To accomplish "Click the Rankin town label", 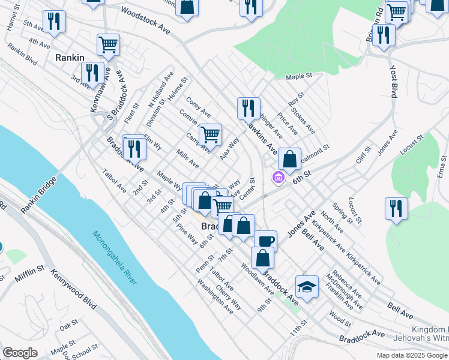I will tap(69, 58).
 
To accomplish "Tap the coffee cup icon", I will tap(265, 241).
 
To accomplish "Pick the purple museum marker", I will tap(277, 178).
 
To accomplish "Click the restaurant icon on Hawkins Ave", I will tap(249, 108).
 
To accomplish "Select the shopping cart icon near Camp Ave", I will tap(210, 134).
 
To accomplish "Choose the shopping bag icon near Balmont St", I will tap(289, 159).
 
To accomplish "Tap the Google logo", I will tap(20, 353).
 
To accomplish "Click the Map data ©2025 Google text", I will tap(412, 355).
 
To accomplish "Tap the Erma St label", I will tap(442, 164).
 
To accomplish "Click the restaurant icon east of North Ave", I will tap(396, 208).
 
